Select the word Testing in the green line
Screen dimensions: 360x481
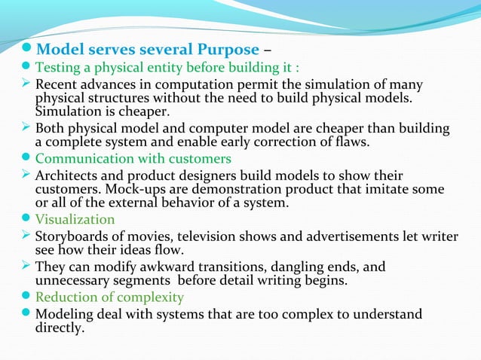pos(60,69)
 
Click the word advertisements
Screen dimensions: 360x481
pos(333,236)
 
